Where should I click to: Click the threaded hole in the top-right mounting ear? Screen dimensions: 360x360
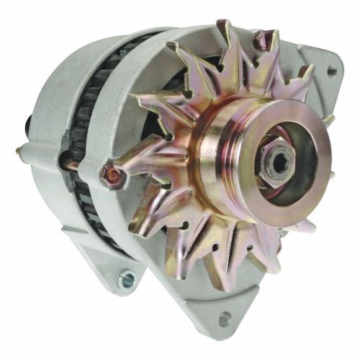[331, 71]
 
